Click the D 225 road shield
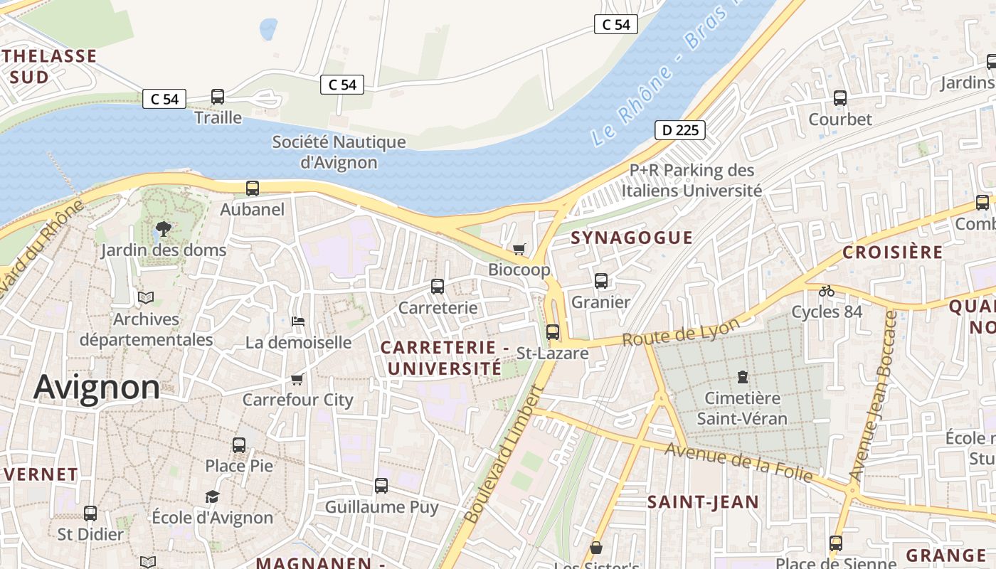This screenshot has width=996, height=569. pos(679,130)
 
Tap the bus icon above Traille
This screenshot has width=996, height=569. pos(218,97)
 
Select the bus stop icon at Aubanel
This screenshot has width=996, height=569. pos(253,188)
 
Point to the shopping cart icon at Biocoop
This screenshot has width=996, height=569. pos(519,249)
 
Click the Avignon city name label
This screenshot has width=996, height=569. pos(97,388)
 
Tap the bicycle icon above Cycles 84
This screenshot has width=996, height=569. pos(826,291)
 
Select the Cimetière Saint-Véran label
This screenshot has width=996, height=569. pos(742,408)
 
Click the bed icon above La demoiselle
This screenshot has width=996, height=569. pos(298,321)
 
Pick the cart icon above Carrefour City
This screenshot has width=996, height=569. pos(297,379)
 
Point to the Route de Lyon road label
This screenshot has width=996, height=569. pos(681,332)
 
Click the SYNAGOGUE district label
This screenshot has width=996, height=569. pos(632,238)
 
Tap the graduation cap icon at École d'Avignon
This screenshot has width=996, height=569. pos(212,496)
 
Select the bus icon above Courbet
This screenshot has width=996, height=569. pos(840,98)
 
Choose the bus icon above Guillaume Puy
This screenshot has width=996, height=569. pos(381,486)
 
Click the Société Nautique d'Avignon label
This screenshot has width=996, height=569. pos(339,152)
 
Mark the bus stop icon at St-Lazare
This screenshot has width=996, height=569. pos(553,332)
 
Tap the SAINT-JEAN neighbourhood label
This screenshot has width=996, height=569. pos(703,502)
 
